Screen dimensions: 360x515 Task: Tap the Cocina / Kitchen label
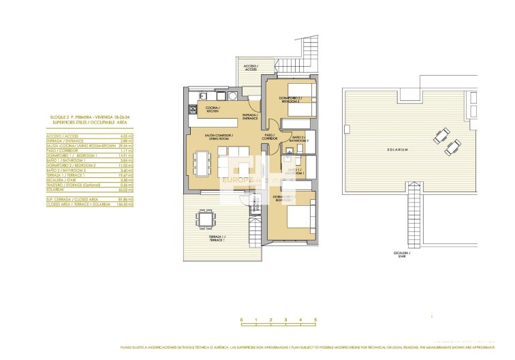coord(208,109)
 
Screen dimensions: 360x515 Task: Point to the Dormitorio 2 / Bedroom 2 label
coord(294,100)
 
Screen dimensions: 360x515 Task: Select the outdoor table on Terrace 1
coord(204,219)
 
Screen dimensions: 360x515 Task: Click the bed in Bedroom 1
coord(298,217)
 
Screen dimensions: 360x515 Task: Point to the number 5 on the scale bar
coord(315,319)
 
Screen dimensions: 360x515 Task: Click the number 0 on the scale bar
coord(241,319)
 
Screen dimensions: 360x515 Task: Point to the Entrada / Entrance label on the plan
coord(250,117)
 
